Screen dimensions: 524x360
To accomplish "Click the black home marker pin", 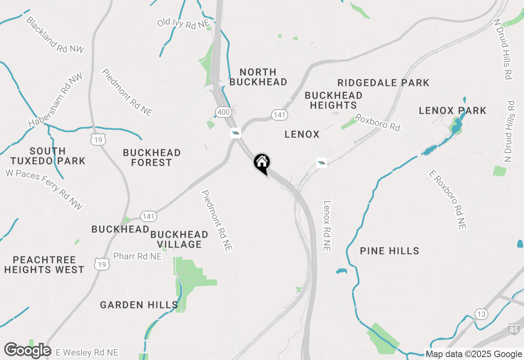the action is [262, 163].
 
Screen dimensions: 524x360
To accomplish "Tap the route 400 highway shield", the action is [223, 112].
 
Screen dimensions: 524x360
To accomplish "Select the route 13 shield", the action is [481, 314].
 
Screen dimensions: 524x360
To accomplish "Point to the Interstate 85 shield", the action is [514, 329].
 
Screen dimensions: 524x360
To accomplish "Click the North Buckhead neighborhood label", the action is [258, 77].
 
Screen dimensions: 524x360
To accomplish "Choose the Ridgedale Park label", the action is [383, 83].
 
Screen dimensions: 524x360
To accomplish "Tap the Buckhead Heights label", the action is [333, 100].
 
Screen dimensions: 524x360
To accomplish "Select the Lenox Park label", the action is [452, 110].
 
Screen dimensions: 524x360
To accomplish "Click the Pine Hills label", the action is [389, 251].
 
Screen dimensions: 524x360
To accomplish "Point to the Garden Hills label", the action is [139, 305].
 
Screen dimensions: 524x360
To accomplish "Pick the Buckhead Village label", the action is [179, 239].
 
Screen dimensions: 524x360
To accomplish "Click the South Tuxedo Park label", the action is [47, 156].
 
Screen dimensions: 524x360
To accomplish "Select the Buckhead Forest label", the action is [152, 157].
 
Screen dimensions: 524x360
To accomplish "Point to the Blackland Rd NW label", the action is [54, 35].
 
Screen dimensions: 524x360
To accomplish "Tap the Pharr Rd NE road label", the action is [138, 256].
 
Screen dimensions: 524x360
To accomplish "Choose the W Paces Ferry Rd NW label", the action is [44, 189].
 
